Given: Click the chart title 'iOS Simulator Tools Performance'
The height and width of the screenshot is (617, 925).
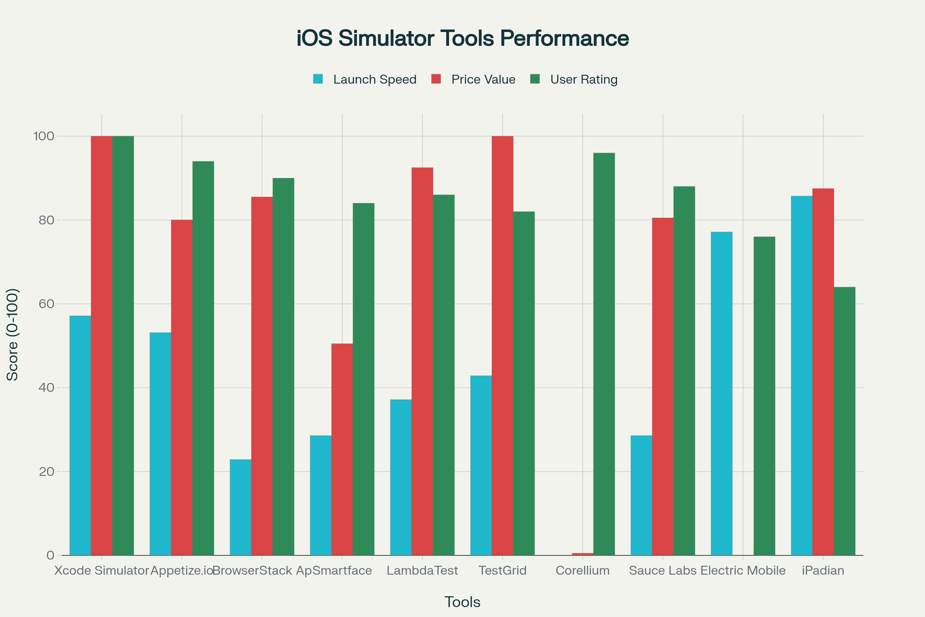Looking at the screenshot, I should [x=462, y=39].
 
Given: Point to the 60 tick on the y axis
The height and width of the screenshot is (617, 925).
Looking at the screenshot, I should [x=48, y=304].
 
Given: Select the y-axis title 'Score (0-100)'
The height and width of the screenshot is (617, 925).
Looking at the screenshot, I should [x=13, y=335].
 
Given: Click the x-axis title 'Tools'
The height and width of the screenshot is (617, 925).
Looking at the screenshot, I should [x=462, y=602].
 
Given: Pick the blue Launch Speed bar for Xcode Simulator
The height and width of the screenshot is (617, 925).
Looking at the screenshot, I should [x=80, y=435].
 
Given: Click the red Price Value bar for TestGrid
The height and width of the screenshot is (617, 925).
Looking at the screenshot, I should [x=502, y=346].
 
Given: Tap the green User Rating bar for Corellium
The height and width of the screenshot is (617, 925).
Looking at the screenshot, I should [x=604, y=354].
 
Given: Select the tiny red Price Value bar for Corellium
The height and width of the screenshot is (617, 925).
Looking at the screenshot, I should [x=583, y=554].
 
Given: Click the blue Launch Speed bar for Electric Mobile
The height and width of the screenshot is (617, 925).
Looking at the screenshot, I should [x=721, y=393].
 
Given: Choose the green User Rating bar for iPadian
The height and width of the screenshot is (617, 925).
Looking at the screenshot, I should [x=845, y=421].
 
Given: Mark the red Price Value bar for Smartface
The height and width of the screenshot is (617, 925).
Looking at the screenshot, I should [x=342, y=449].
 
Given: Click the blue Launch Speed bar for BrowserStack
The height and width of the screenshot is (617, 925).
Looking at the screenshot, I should [x=240, y=507].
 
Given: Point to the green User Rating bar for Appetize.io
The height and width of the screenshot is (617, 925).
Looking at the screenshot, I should [x=203, y=358].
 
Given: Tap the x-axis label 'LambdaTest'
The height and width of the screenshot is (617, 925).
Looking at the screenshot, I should [x=422, y=571].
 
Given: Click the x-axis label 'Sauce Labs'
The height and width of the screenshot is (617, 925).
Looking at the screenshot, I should [x=663, y=571].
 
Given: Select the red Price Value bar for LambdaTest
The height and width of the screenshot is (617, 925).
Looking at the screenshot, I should [x=422, y=361].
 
